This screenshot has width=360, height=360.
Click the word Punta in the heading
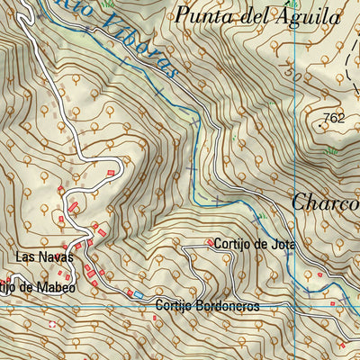pos(202,15)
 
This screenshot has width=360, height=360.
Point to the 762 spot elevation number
pos(334,117)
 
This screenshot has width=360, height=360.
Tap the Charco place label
pos(325,202)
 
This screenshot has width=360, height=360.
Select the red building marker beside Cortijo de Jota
pos(210,242)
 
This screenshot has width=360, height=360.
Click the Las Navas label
pos(38,257)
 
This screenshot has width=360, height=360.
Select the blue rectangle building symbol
pos(138,293)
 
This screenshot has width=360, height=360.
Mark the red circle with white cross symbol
pos(51,323)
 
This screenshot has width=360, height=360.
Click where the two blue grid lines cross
pos(293,306)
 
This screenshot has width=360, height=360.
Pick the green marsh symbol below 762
pos(329,149)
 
